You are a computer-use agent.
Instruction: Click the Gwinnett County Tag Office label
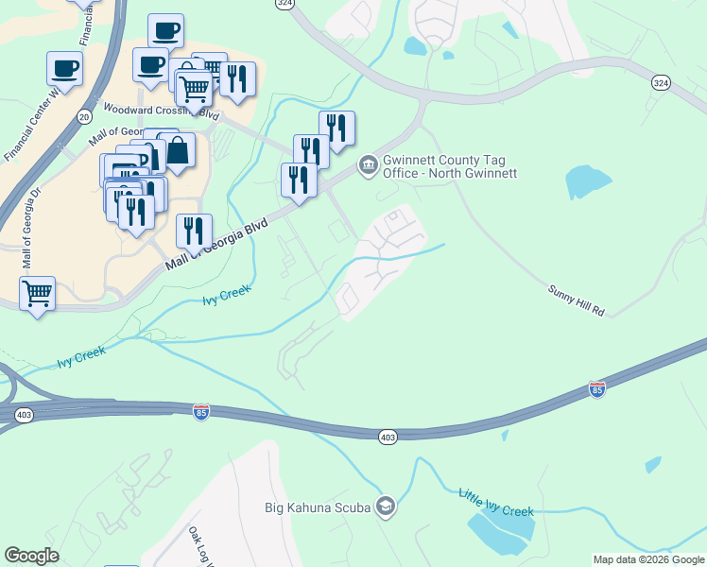pyautogui.click(x=449, y=166)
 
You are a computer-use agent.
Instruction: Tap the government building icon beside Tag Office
pyautogui.click(x=368, y=166)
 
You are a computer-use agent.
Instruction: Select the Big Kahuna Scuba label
pyautogui.click(x=317, y=507)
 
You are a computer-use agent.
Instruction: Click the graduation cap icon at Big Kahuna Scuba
pyautogui.click(x=385, y=507)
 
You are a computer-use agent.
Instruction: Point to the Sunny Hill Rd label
pyautogui.click(x=576, y=299)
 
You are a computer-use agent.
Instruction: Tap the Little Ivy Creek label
pyautogui.click(x=495, y=502)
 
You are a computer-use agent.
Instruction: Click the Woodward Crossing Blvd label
pyautogui.click(x=161, y=112)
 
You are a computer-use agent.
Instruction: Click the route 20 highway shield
pyautogui.click(x=82, y=116)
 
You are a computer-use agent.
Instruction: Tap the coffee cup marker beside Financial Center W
pyautogui.click(x=64, y=68)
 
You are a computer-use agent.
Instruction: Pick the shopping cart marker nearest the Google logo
pyautogui.click(x=37, y=294)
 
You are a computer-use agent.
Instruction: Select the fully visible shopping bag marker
pyautogui.click(x=177, y=151)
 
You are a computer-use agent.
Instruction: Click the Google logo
pyautogui.click(x=31, y=556)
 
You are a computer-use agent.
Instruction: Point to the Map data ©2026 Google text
pyautogui.click(x=648, y=559)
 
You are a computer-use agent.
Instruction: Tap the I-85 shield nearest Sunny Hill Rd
pyautogui.click(x=596, y=388)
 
